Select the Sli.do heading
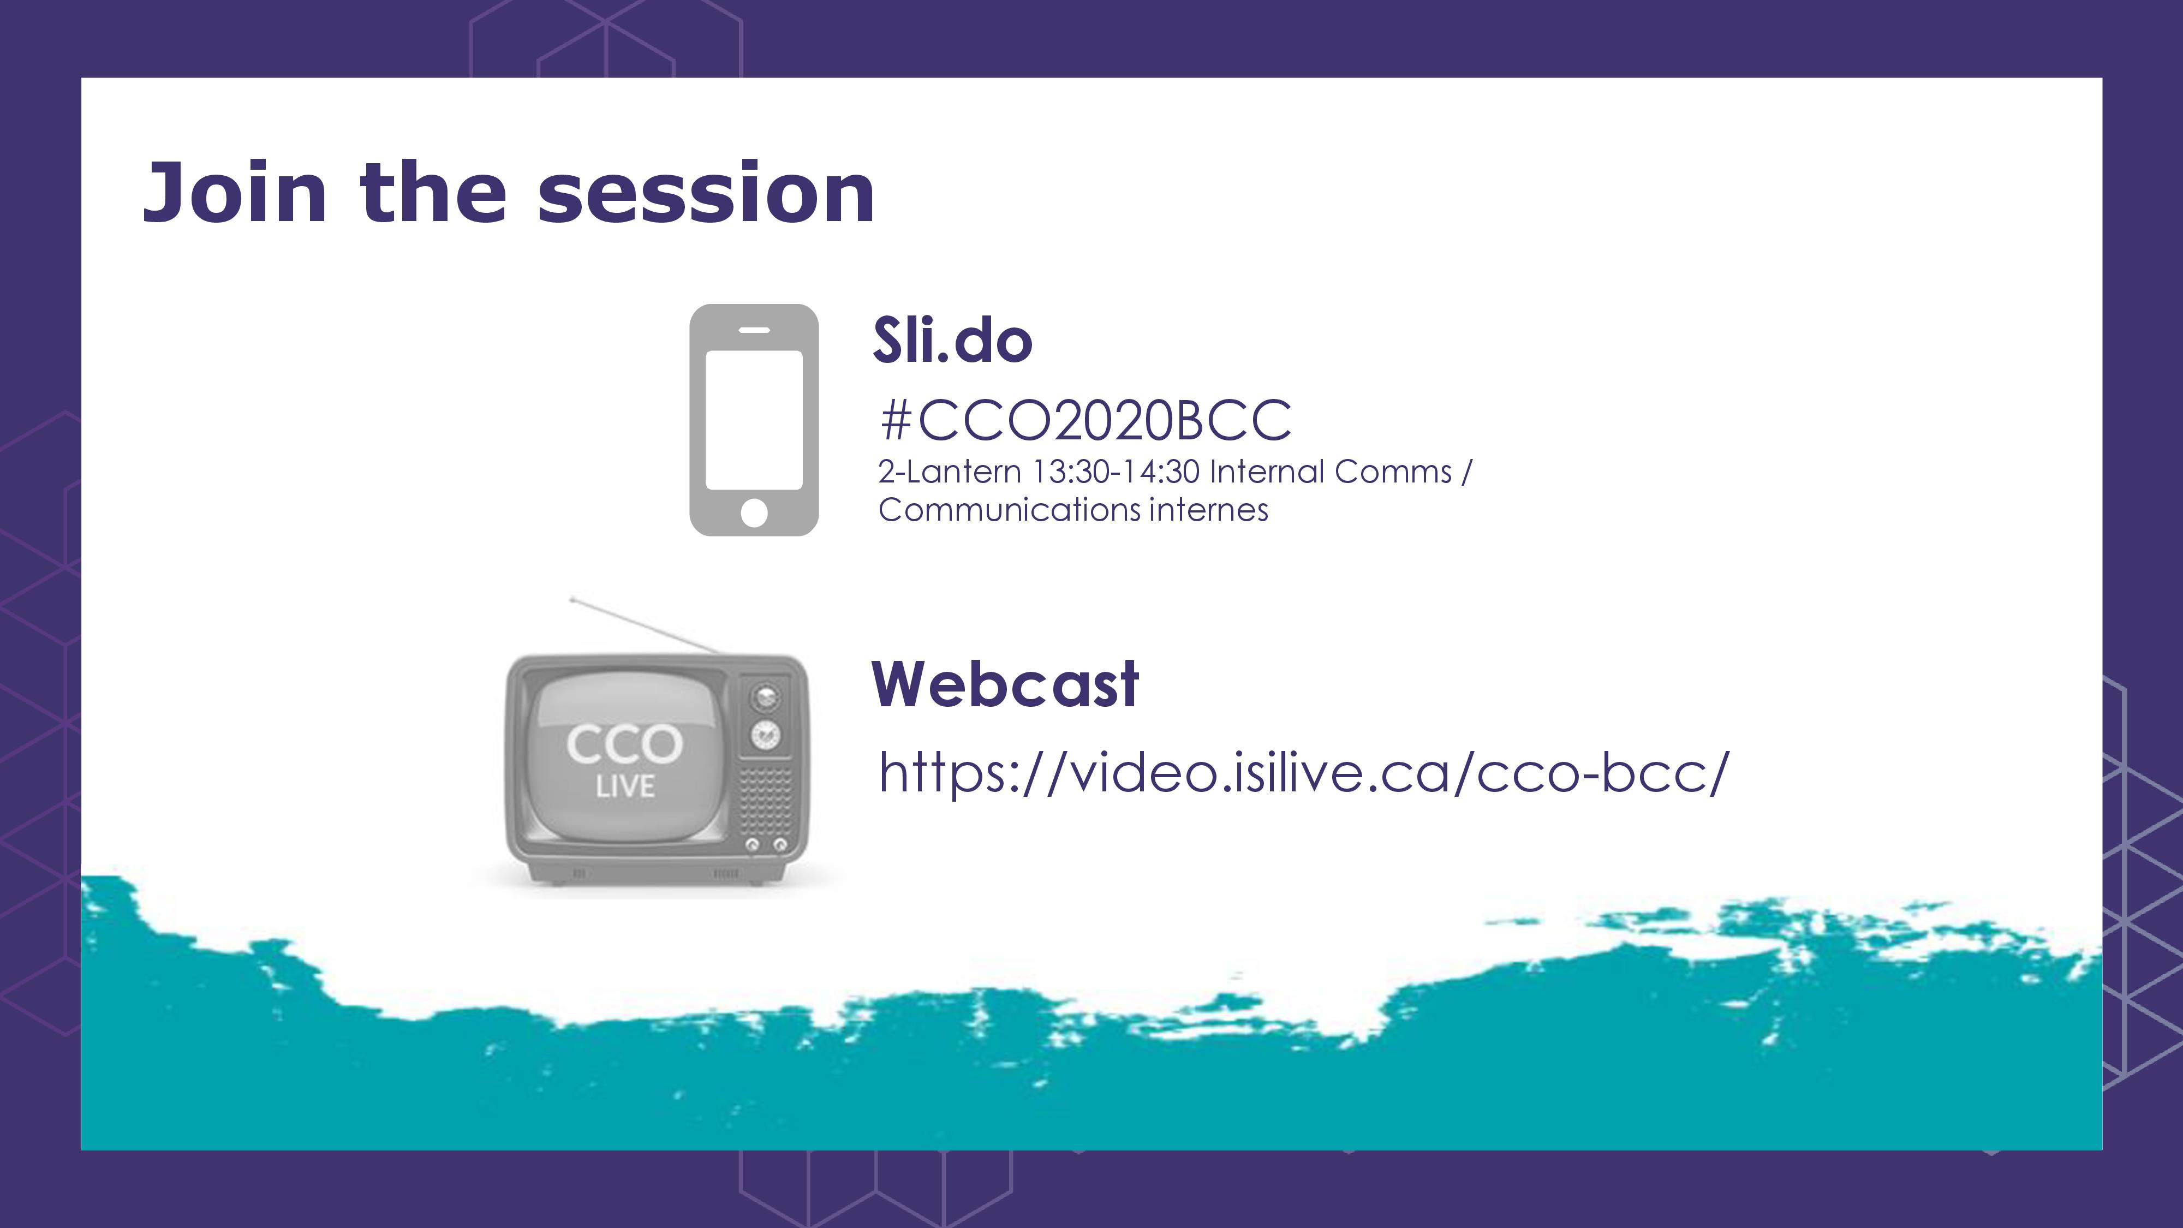point(952,340)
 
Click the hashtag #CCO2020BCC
point(1085,420)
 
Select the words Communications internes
point(1073,510)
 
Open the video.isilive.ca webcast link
point(1303,773)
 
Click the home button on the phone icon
point(754,512)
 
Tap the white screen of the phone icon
point(754,420)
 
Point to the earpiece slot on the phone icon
point(754,330)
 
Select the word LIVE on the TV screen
point(625,786)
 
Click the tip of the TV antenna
point(572,600)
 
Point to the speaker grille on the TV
point(766,801)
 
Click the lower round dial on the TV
point(766,735)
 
